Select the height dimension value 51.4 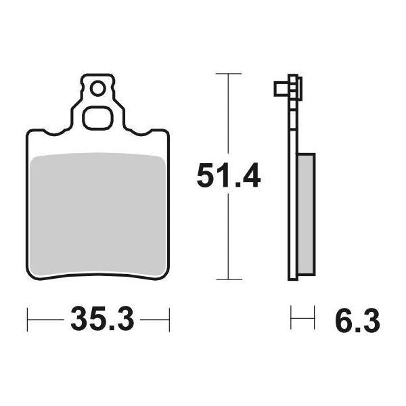pyautogui.click(x=228, y=177)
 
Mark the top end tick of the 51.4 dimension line pyautogui.click(x=229, y=72)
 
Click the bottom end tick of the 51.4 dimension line pyautogui.click(x=229, y=279)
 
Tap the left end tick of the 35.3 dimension pyautogui.click(x=27, y=316)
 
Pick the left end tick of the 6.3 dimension pyautogui.click(x=292, y=316)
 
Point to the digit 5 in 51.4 pyautogui.click(x=204, y=177)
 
